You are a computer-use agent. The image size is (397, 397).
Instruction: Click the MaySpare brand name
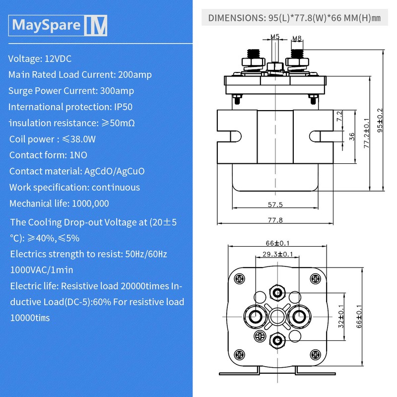coord(46,25)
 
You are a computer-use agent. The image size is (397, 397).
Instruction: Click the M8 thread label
coord(297,38)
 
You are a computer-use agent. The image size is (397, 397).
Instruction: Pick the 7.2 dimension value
coord(339,117)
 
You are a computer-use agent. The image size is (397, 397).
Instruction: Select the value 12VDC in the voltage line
coord(59,59)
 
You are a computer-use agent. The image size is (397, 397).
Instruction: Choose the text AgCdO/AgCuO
coord(115,171)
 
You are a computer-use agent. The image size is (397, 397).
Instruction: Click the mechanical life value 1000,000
coord(91,203)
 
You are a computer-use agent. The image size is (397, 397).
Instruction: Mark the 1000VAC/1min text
coord(42,270)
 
